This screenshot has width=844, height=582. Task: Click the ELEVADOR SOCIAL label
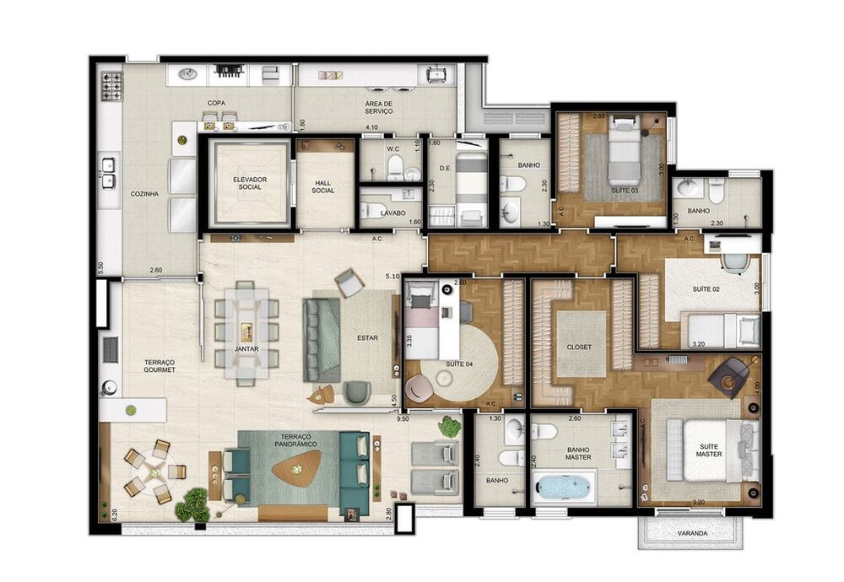click(x=250, y=181)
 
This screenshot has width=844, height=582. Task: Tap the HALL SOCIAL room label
click(x=322, y=186)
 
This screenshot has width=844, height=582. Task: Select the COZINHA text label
click(x=144, y=193)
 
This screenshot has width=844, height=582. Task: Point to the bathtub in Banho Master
click(x=563, y=488)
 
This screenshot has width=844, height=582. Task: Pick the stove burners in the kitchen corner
click(x=111, y=86)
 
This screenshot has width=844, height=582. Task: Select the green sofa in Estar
click(x=322, y=337)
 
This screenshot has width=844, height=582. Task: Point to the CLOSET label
click(x=579, y=347)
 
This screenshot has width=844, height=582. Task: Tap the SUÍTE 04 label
click(x=459, y=364)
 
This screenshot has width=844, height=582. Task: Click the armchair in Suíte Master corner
click(x=730, y=375)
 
